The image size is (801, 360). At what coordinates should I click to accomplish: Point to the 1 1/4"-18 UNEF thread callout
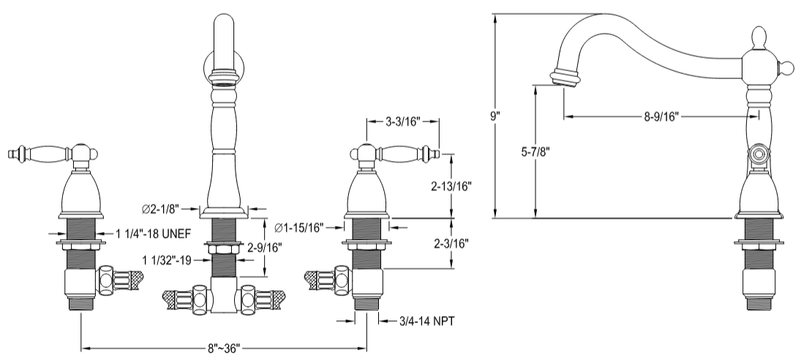click(x=154, y=235)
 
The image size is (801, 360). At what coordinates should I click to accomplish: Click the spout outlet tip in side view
click(x=565, y=78)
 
